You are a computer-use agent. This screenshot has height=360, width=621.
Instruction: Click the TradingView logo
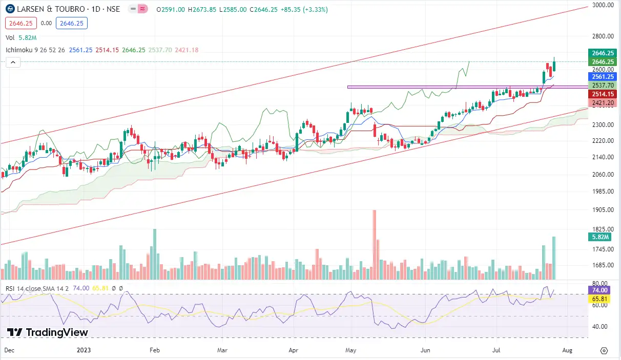[48, 332]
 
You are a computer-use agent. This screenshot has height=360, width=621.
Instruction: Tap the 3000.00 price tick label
[603, 5]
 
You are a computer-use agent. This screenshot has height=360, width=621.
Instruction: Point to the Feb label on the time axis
[155, 351]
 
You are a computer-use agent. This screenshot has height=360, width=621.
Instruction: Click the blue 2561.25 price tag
[603, 76]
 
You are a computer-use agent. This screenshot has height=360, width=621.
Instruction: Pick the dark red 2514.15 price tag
[603, 94]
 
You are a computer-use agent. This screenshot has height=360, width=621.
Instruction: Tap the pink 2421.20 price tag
[603, 103]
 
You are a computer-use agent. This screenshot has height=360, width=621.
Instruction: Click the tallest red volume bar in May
[375, 245]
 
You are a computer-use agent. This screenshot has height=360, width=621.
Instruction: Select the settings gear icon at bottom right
[604, 351]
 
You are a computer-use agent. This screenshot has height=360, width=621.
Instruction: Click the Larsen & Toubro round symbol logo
[10, 10]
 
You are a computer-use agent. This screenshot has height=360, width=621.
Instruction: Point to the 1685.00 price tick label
[603, 265]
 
